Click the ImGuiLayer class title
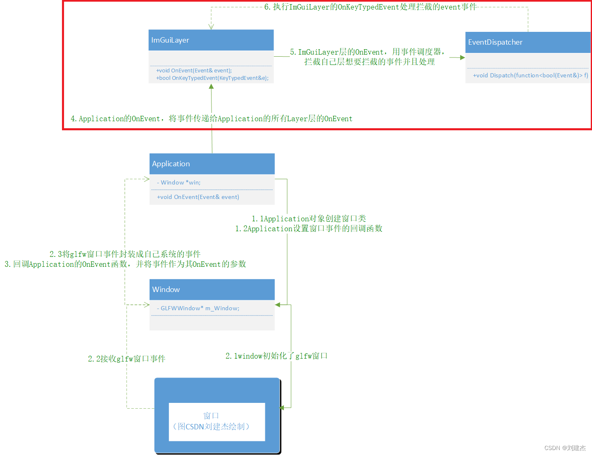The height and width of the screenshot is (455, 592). click(x=170, y=40)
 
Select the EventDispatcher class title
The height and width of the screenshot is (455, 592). click(x=495, y=42)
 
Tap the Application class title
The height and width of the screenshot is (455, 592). click(x=171, y=164)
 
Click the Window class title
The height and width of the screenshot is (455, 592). click(x=166, y=290)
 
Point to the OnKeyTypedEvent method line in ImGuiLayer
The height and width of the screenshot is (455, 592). click(x=212, y=78)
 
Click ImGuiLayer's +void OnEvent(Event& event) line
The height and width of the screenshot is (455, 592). click(x=194, y=71)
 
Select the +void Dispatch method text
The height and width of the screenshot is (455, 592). click(x=530, y=75)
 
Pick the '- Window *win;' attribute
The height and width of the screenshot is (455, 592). click(x=178, y=182)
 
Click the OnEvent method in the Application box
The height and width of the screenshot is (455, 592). click(x=198, y=197)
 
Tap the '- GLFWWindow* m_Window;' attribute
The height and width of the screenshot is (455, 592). click(x=198, y=308)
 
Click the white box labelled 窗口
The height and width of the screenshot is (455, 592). click(x=217, y=421)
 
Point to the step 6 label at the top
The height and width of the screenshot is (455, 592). click(x=370, y=7)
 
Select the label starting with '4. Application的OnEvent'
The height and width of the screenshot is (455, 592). click(x=211, y=119)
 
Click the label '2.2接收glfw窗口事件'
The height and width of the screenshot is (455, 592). click(x=126, y=359)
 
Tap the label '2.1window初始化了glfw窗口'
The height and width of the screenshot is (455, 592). click(x=276, y=356)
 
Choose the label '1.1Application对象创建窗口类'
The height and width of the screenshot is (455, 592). click(x=309, y=218)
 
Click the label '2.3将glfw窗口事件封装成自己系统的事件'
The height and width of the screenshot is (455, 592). click(x=125, y=254)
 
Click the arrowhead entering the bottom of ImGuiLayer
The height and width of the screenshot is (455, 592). click(x=211, y=86)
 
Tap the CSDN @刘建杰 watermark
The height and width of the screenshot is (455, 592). click(x=565, y=448)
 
